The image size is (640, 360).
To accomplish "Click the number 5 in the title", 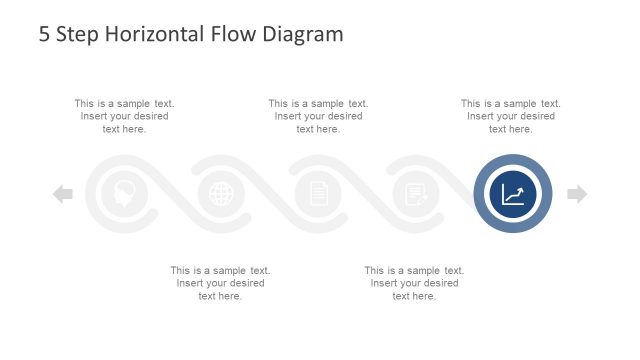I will click(45, 34).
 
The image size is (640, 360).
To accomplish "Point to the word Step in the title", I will click(79, 34).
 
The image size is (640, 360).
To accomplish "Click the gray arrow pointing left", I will click(63, 194).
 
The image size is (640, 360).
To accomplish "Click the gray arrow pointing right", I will click(577, 194).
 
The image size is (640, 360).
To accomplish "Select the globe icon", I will click(220, 194).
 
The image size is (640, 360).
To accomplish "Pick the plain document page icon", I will click(318, 194).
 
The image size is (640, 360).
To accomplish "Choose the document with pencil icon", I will click(415, 194).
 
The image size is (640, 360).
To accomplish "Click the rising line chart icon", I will click(512, 194).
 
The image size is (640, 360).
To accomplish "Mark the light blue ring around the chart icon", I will click(512, 161).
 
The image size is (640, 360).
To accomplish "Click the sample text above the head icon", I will click(124, 116).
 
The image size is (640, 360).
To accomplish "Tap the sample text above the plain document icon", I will click(318, 116).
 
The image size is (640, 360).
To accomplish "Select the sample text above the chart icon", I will click(511, 116).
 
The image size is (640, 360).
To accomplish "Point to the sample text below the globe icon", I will click(220, 283).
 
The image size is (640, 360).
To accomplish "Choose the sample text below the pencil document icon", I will click(414, 283).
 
